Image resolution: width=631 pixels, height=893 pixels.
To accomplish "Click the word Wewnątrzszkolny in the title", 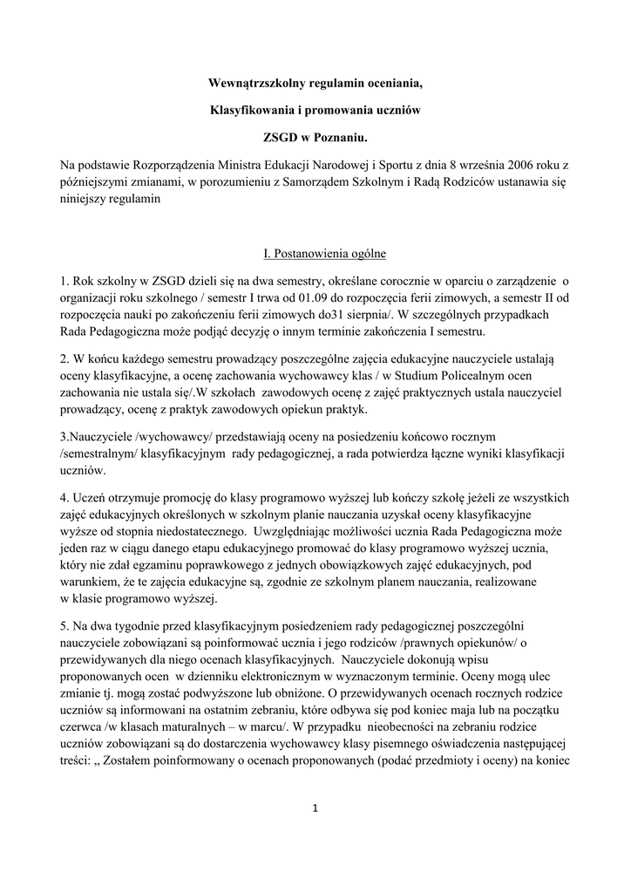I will [x=254, y=84].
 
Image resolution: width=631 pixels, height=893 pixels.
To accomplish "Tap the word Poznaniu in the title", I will [x=340, y=138].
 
